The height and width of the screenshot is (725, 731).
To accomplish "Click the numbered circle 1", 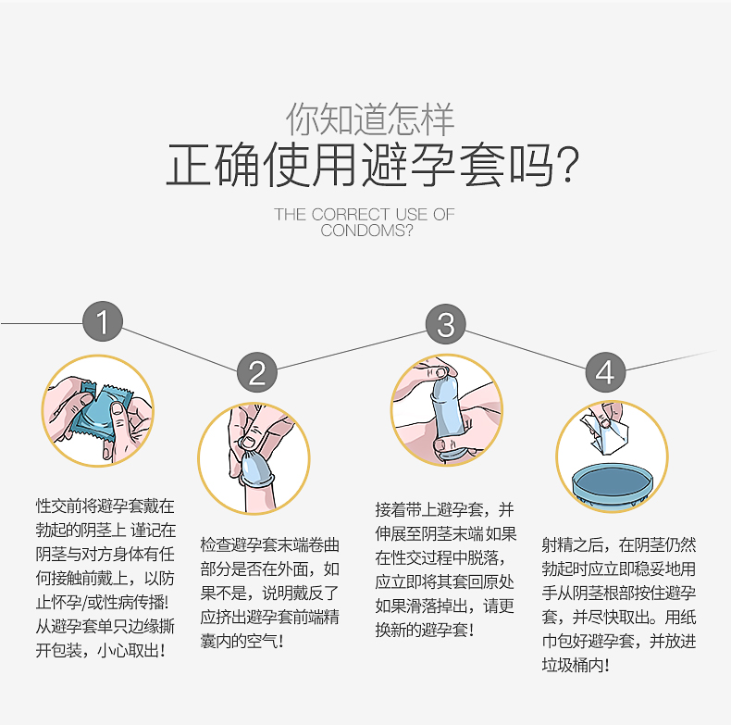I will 103,322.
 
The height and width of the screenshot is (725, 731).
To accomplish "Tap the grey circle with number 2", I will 256,373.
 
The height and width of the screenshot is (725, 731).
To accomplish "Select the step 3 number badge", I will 446,324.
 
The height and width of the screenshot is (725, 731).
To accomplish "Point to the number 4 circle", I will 604,373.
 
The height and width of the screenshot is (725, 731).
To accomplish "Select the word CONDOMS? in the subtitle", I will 366,231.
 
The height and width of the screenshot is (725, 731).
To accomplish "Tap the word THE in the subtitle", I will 290,215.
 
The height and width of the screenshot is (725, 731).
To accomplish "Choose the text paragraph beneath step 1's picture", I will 105,578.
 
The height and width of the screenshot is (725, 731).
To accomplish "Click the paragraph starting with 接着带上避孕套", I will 445,569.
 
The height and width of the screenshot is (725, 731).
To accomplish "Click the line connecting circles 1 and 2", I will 180,347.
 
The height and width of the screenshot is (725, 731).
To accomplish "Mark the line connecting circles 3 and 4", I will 526,348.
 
